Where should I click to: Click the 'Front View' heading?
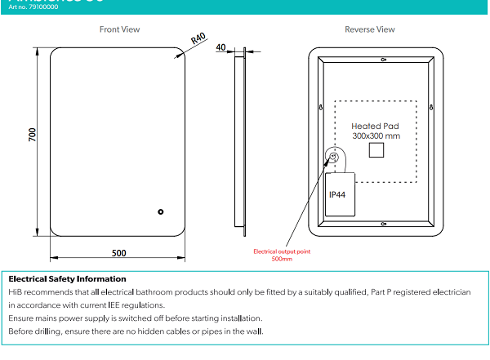click(x=119, y=29)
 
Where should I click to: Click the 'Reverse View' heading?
click(x=369, y=29)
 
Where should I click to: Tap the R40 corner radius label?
click(x=198, y=39)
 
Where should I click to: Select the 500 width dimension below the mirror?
click(x=118, y=253)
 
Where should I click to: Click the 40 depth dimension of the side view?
click(x=220, y=47)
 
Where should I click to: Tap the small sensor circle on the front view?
click(x=161, y=213)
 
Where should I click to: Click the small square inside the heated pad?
click(x=377, y=151)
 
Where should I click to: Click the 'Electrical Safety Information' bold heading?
click(x=67, y=279)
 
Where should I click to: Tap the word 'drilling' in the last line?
click(x=50, y=331)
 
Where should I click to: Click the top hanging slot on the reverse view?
click(x=384, y=60)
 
